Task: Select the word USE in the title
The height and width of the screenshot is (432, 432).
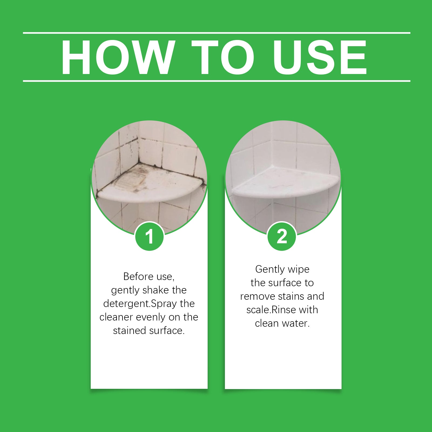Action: tap(320, 57)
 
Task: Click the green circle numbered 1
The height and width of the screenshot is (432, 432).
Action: tap(149, 237)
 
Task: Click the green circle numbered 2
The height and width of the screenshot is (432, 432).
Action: tap(282, 237)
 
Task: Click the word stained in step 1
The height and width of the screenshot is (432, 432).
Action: tap(128, 331)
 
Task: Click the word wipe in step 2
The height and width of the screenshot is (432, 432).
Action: tap(299, 269)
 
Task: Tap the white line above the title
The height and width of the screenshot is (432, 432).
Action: tap(216, 33)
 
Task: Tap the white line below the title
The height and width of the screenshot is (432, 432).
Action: tap(216, 81)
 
